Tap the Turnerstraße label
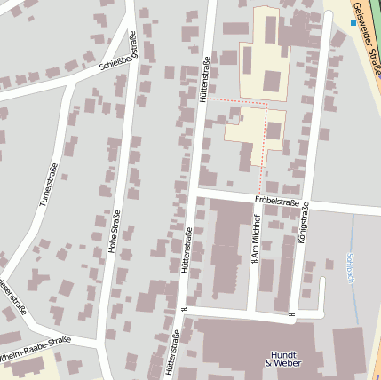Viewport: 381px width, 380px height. (48, 186)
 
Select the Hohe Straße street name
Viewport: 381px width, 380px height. (114, 239)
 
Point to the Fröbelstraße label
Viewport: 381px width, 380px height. (275, 202)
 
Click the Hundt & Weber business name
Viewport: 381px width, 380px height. (282, 358)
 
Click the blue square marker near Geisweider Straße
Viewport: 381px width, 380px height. (353, 23)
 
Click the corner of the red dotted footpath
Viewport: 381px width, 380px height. (267, 103)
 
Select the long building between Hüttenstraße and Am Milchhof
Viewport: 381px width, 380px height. (226, 249)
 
